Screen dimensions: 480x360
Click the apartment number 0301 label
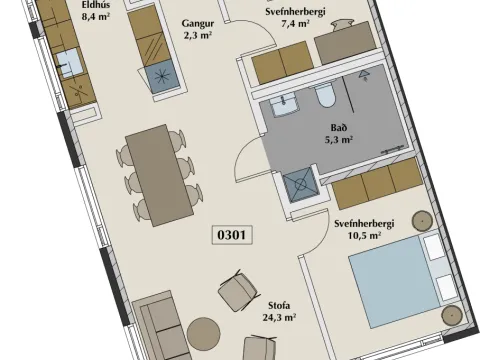pos(232,235)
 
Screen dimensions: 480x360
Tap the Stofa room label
pos(279,305)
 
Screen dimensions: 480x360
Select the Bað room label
pos(339,127)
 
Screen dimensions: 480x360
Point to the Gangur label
pos(198,24)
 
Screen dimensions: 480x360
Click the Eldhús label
pos(96,5)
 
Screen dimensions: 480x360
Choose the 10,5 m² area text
pos(365,235)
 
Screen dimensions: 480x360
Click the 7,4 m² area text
pos(295,24)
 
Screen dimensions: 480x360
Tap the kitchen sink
pos(69,64)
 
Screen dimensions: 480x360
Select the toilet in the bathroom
pos(324,94)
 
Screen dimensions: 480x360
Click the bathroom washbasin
pos(283,105)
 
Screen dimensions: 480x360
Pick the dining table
pos(159,175)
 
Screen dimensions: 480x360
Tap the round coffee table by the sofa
pos(203,334)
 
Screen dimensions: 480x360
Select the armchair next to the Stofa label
pos(239,291)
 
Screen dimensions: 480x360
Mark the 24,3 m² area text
pos(279,317)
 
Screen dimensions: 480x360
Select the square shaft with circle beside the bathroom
pos(300,184)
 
